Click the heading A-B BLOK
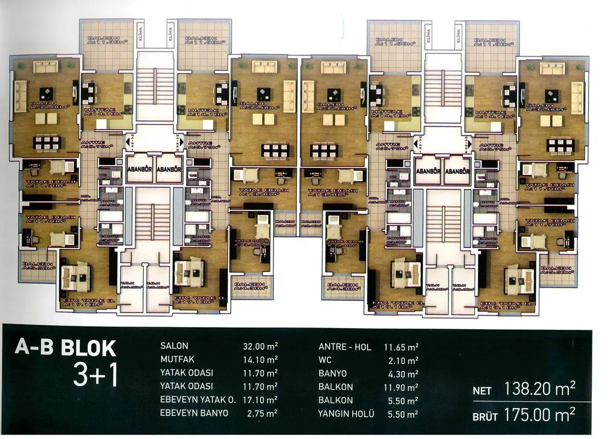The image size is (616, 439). click(65, 348)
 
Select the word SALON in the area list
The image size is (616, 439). click(174, 346)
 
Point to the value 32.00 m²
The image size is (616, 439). click(260, 346)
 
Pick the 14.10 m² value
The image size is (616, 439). click(260, 360)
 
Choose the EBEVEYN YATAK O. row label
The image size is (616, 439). click(197, 400)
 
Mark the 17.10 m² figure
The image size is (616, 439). click(260, 400)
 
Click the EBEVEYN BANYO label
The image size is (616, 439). click(194, 413)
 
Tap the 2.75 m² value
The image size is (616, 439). click(262, 413)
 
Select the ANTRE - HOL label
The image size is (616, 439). click(344, 347)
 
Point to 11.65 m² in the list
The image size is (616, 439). click(401, 347)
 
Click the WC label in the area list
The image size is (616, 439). click(325, 360)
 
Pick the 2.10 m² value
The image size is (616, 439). click(403, 360)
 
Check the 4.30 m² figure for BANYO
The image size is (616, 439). click(403, 373)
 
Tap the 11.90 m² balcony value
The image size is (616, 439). click(401, 387)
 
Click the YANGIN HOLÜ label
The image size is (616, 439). click(346, 414)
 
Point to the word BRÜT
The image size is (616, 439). click(485, 417)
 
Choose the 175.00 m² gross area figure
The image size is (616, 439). click(540, 415)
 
